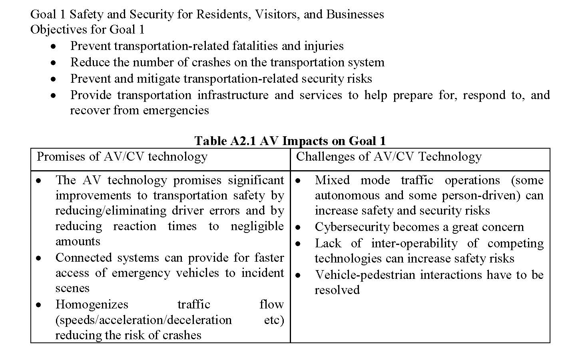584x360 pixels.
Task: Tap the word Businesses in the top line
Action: click(x=355, y=14)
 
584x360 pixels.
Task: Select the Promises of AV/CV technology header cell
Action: click(x=122, y=156)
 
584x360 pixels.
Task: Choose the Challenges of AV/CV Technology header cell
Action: click(x=389, y=156)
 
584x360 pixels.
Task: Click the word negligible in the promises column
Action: click(x=257, y=226)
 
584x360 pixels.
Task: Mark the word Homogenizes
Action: click(x=92, y=304)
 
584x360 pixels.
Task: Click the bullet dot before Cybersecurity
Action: click(x=298, y=227)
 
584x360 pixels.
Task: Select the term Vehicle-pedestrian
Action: click(x=365, y=275)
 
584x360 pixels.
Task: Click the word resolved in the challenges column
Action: click(x=337, y=290)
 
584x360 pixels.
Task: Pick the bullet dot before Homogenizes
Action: click(x=38, y=305)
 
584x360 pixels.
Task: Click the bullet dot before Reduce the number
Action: click(x=53, y=63)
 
